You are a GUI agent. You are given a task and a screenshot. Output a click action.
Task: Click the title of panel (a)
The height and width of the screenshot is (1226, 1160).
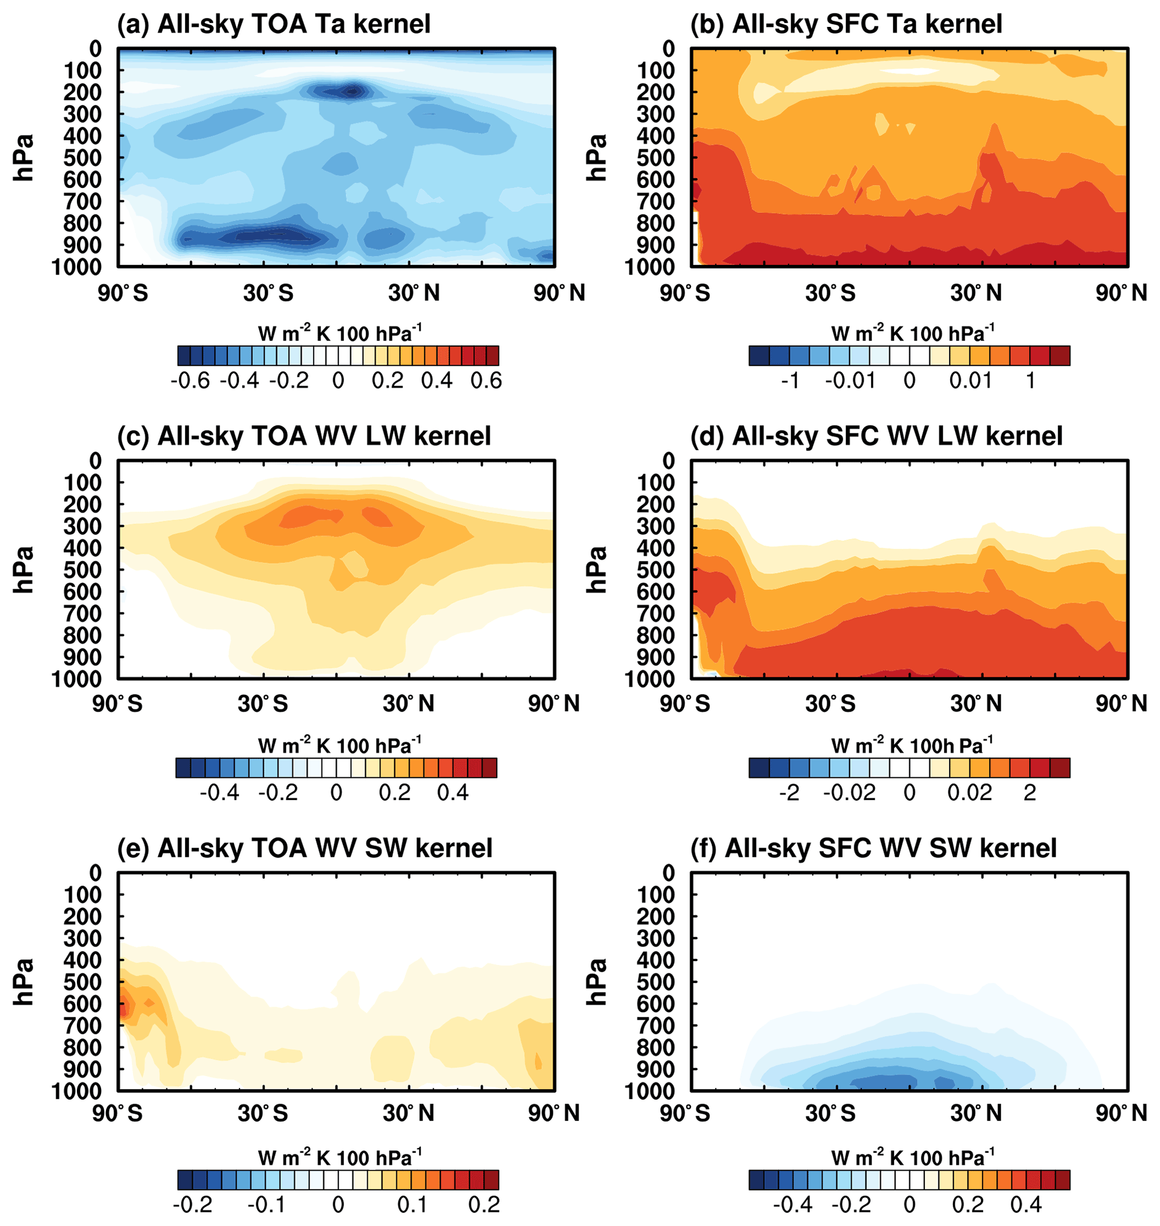coord(273,24)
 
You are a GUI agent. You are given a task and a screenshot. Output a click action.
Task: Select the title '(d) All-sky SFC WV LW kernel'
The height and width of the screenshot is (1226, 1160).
coord(876,436)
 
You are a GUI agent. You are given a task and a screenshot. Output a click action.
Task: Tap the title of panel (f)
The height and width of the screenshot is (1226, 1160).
coord(873,848)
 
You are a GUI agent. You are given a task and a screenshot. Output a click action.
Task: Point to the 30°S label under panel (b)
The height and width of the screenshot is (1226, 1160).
coord(830,292)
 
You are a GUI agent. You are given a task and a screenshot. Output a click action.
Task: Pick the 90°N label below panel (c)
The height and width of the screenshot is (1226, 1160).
coord(553,704)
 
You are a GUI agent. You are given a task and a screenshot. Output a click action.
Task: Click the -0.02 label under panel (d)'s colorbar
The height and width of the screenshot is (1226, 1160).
coord(850,792)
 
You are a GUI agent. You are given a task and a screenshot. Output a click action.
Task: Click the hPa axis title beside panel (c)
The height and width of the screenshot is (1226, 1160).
coord(24,570)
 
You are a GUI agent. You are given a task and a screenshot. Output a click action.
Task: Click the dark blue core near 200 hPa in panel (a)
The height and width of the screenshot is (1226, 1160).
coord(352,92)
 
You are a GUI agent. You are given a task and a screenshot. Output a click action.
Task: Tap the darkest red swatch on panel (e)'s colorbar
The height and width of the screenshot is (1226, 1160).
coord(492,1179)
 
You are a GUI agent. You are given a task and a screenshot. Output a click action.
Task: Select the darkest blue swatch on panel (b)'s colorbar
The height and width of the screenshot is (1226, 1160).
coord(759,356)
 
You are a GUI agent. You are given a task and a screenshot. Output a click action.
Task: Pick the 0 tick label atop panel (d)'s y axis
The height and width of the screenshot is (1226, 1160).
coord(668,461)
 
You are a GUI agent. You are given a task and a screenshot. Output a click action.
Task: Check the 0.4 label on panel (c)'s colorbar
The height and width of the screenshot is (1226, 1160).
coord(453,792)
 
